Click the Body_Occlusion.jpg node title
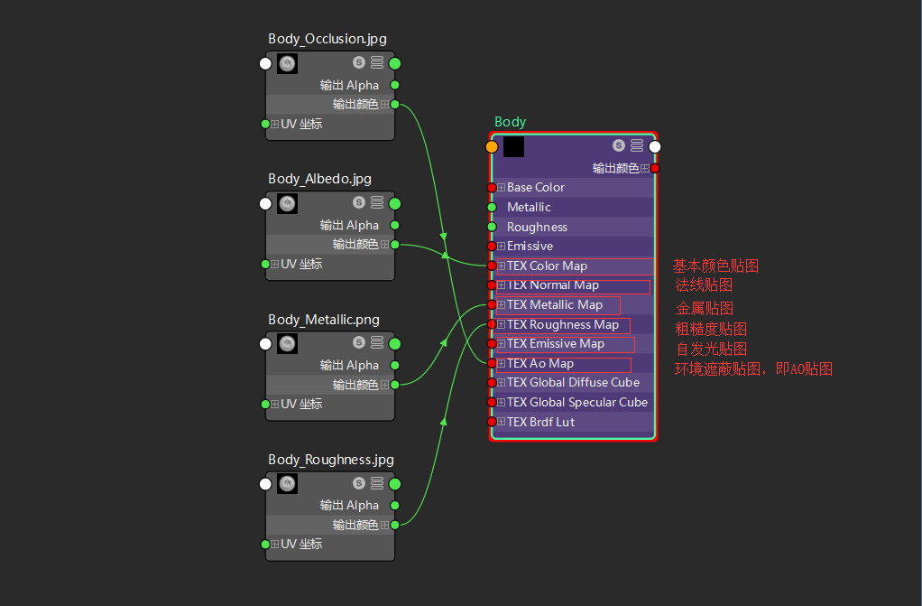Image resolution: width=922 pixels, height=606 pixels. click(327, 39)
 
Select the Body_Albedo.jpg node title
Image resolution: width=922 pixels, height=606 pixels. click(319, 179)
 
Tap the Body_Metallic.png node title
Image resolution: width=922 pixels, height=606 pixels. click(323, 320)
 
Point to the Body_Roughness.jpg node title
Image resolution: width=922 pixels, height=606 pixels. click(330, 460)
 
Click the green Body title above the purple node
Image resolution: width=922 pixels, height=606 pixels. click(510, 122)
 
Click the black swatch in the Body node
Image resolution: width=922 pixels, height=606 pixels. click(513, 146)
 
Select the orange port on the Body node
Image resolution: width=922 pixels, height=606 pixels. click(492, 146)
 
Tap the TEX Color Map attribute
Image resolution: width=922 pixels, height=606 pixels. click(547, 266)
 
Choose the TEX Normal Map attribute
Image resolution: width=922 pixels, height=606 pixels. click(552, 285)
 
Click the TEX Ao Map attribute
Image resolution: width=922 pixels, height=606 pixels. click(539, 363)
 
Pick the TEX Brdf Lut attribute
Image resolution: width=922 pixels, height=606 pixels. click(540, 422)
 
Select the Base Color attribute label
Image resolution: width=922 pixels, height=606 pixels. click(536, 188)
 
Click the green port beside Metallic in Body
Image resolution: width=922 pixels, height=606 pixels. click(492, 207)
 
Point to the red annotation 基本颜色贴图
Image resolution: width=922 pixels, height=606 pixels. click(715, 266)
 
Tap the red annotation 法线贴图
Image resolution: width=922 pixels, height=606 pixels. click(705, 285)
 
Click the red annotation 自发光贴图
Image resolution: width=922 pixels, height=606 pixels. click(711, 349)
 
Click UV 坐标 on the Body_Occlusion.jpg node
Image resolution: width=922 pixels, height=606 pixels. click(301, 124)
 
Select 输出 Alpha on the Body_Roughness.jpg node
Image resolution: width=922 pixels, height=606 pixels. click(349, 505)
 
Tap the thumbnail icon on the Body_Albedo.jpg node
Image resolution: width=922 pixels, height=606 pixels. click(287, 204)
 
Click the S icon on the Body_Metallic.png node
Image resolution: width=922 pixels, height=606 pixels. click(359, 343)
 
